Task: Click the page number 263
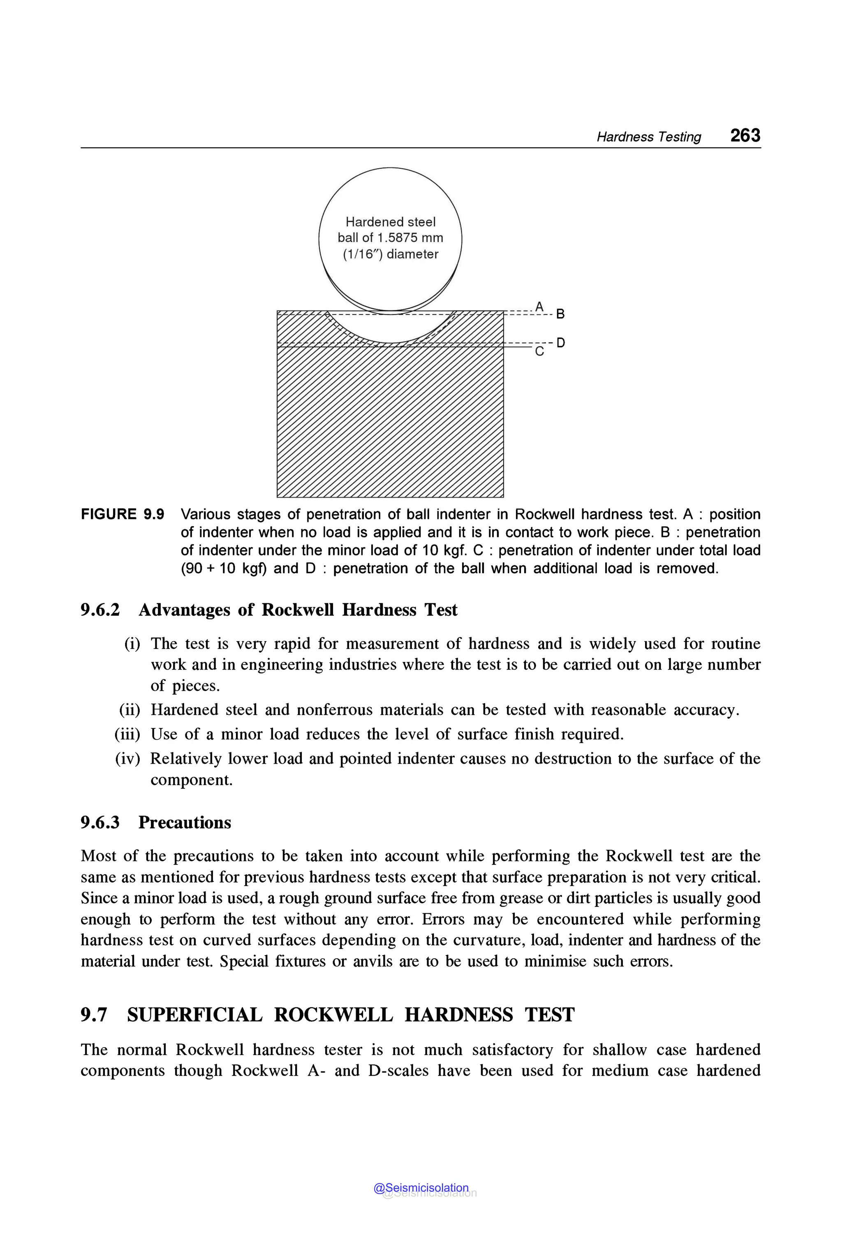(745, 135)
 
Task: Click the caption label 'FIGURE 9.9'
(123, 514)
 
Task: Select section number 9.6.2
(100, 610)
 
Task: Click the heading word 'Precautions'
(184, 823)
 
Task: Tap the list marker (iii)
(127, 734)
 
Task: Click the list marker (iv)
(127, 759)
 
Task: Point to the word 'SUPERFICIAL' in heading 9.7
(194, 1015)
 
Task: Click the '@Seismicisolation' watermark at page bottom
(421, 1188)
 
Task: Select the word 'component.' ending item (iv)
(192, 780)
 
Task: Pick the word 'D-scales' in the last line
(398, 1071)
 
